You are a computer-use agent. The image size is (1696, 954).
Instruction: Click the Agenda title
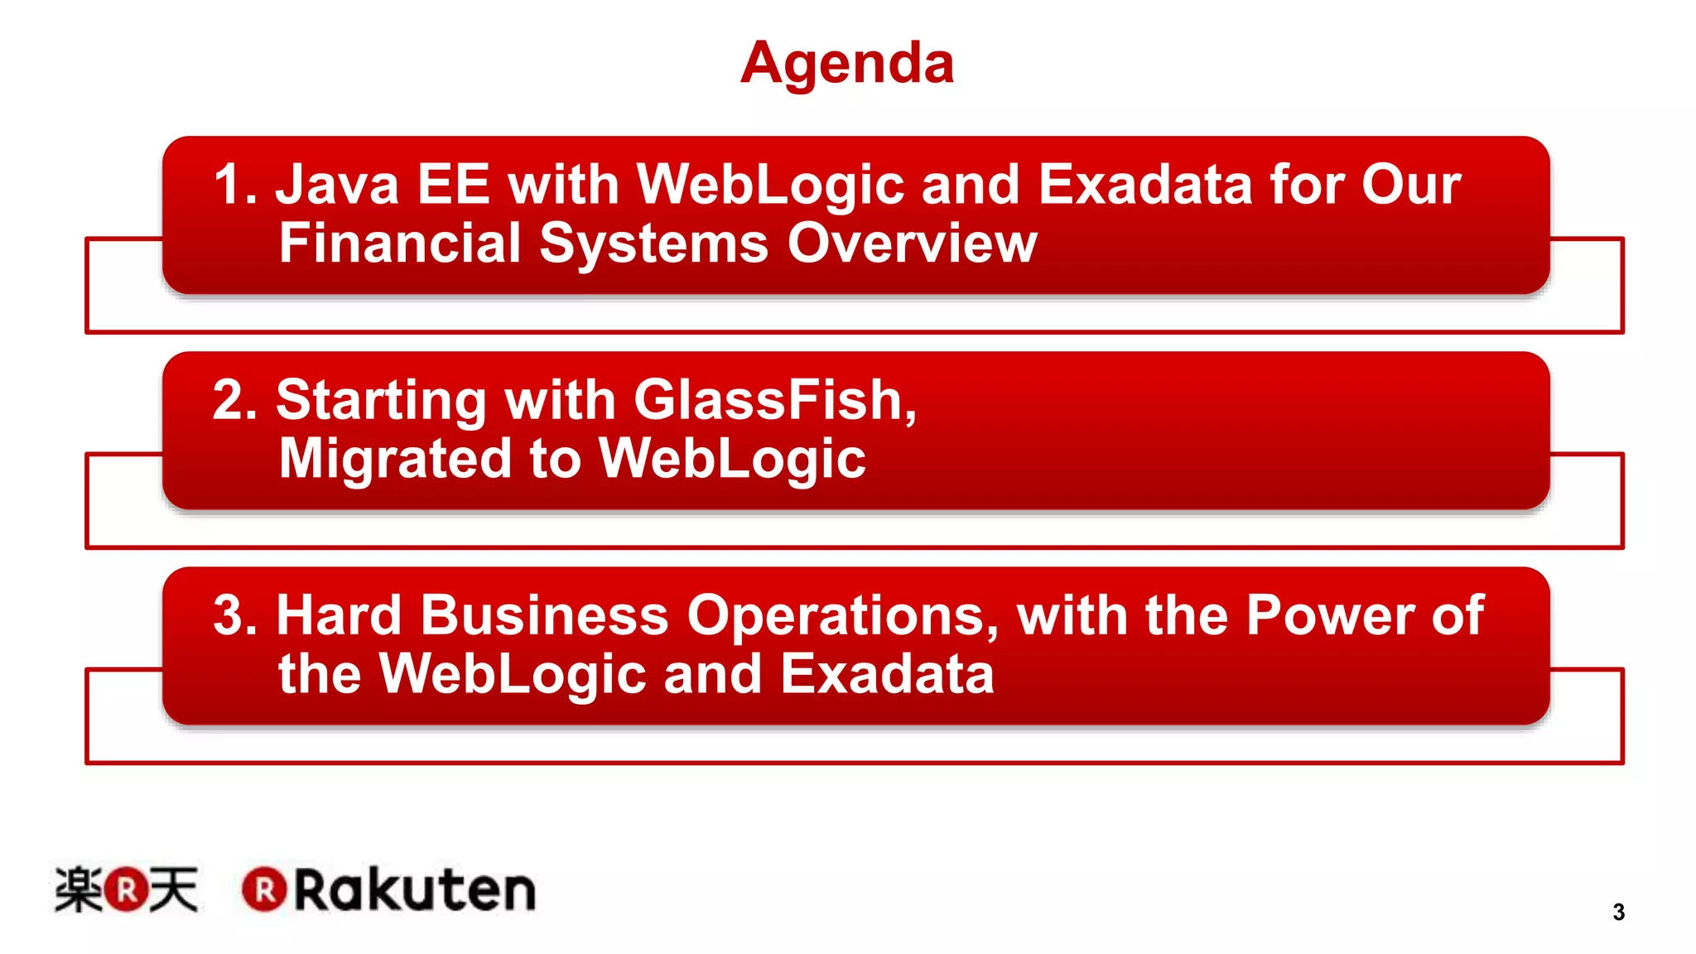click(846, 63)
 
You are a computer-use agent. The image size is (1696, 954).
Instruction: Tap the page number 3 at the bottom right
click(1618, 912)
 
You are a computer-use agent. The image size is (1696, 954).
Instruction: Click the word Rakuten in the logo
click(415, 890)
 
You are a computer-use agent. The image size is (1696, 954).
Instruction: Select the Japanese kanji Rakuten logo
click(126, 889)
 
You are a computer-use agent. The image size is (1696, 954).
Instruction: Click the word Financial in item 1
click(400, 243)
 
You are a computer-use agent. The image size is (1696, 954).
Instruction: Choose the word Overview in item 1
click(912, 243)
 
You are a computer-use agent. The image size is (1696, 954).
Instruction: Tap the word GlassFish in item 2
click(774, 400)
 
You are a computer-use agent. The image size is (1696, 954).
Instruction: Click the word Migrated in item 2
click(395, 458)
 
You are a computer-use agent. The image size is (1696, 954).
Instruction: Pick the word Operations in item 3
click(842, 617)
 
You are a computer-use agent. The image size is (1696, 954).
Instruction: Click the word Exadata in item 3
click(887, 673)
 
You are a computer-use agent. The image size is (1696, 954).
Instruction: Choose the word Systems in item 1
click(653, 244)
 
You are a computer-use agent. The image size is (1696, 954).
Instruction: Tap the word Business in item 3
click(544, 615)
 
